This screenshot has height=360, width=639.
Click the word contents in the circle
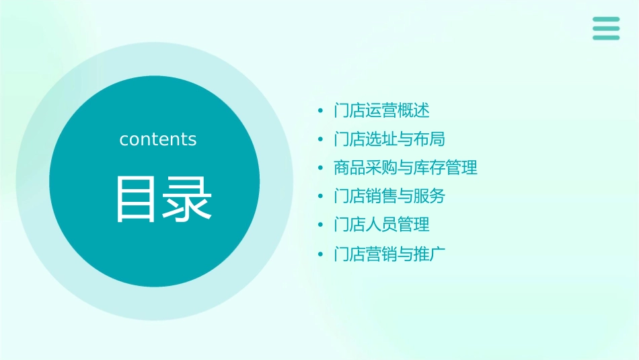pos(158,139)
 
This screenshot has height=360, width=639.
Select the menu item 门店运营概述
pos(381,110)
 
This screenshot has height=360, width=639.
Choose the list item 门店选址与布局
pos(389,139)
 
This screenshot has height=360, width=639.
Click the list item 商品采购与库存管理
pos(406,168)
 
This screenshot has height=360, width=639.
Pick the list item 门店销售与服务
pos(389,196)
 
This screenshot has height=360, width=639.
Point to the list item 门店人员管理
pos(381,225)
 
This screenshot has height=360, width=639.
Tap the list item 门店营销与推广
pos(389,254)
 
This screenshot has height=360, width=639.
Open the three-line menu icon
pos(606,28)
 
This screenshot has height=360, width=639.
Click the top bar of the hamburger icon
pos(606,20)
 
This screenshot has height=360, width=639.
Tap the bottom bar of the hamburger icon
pos(606,38)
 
